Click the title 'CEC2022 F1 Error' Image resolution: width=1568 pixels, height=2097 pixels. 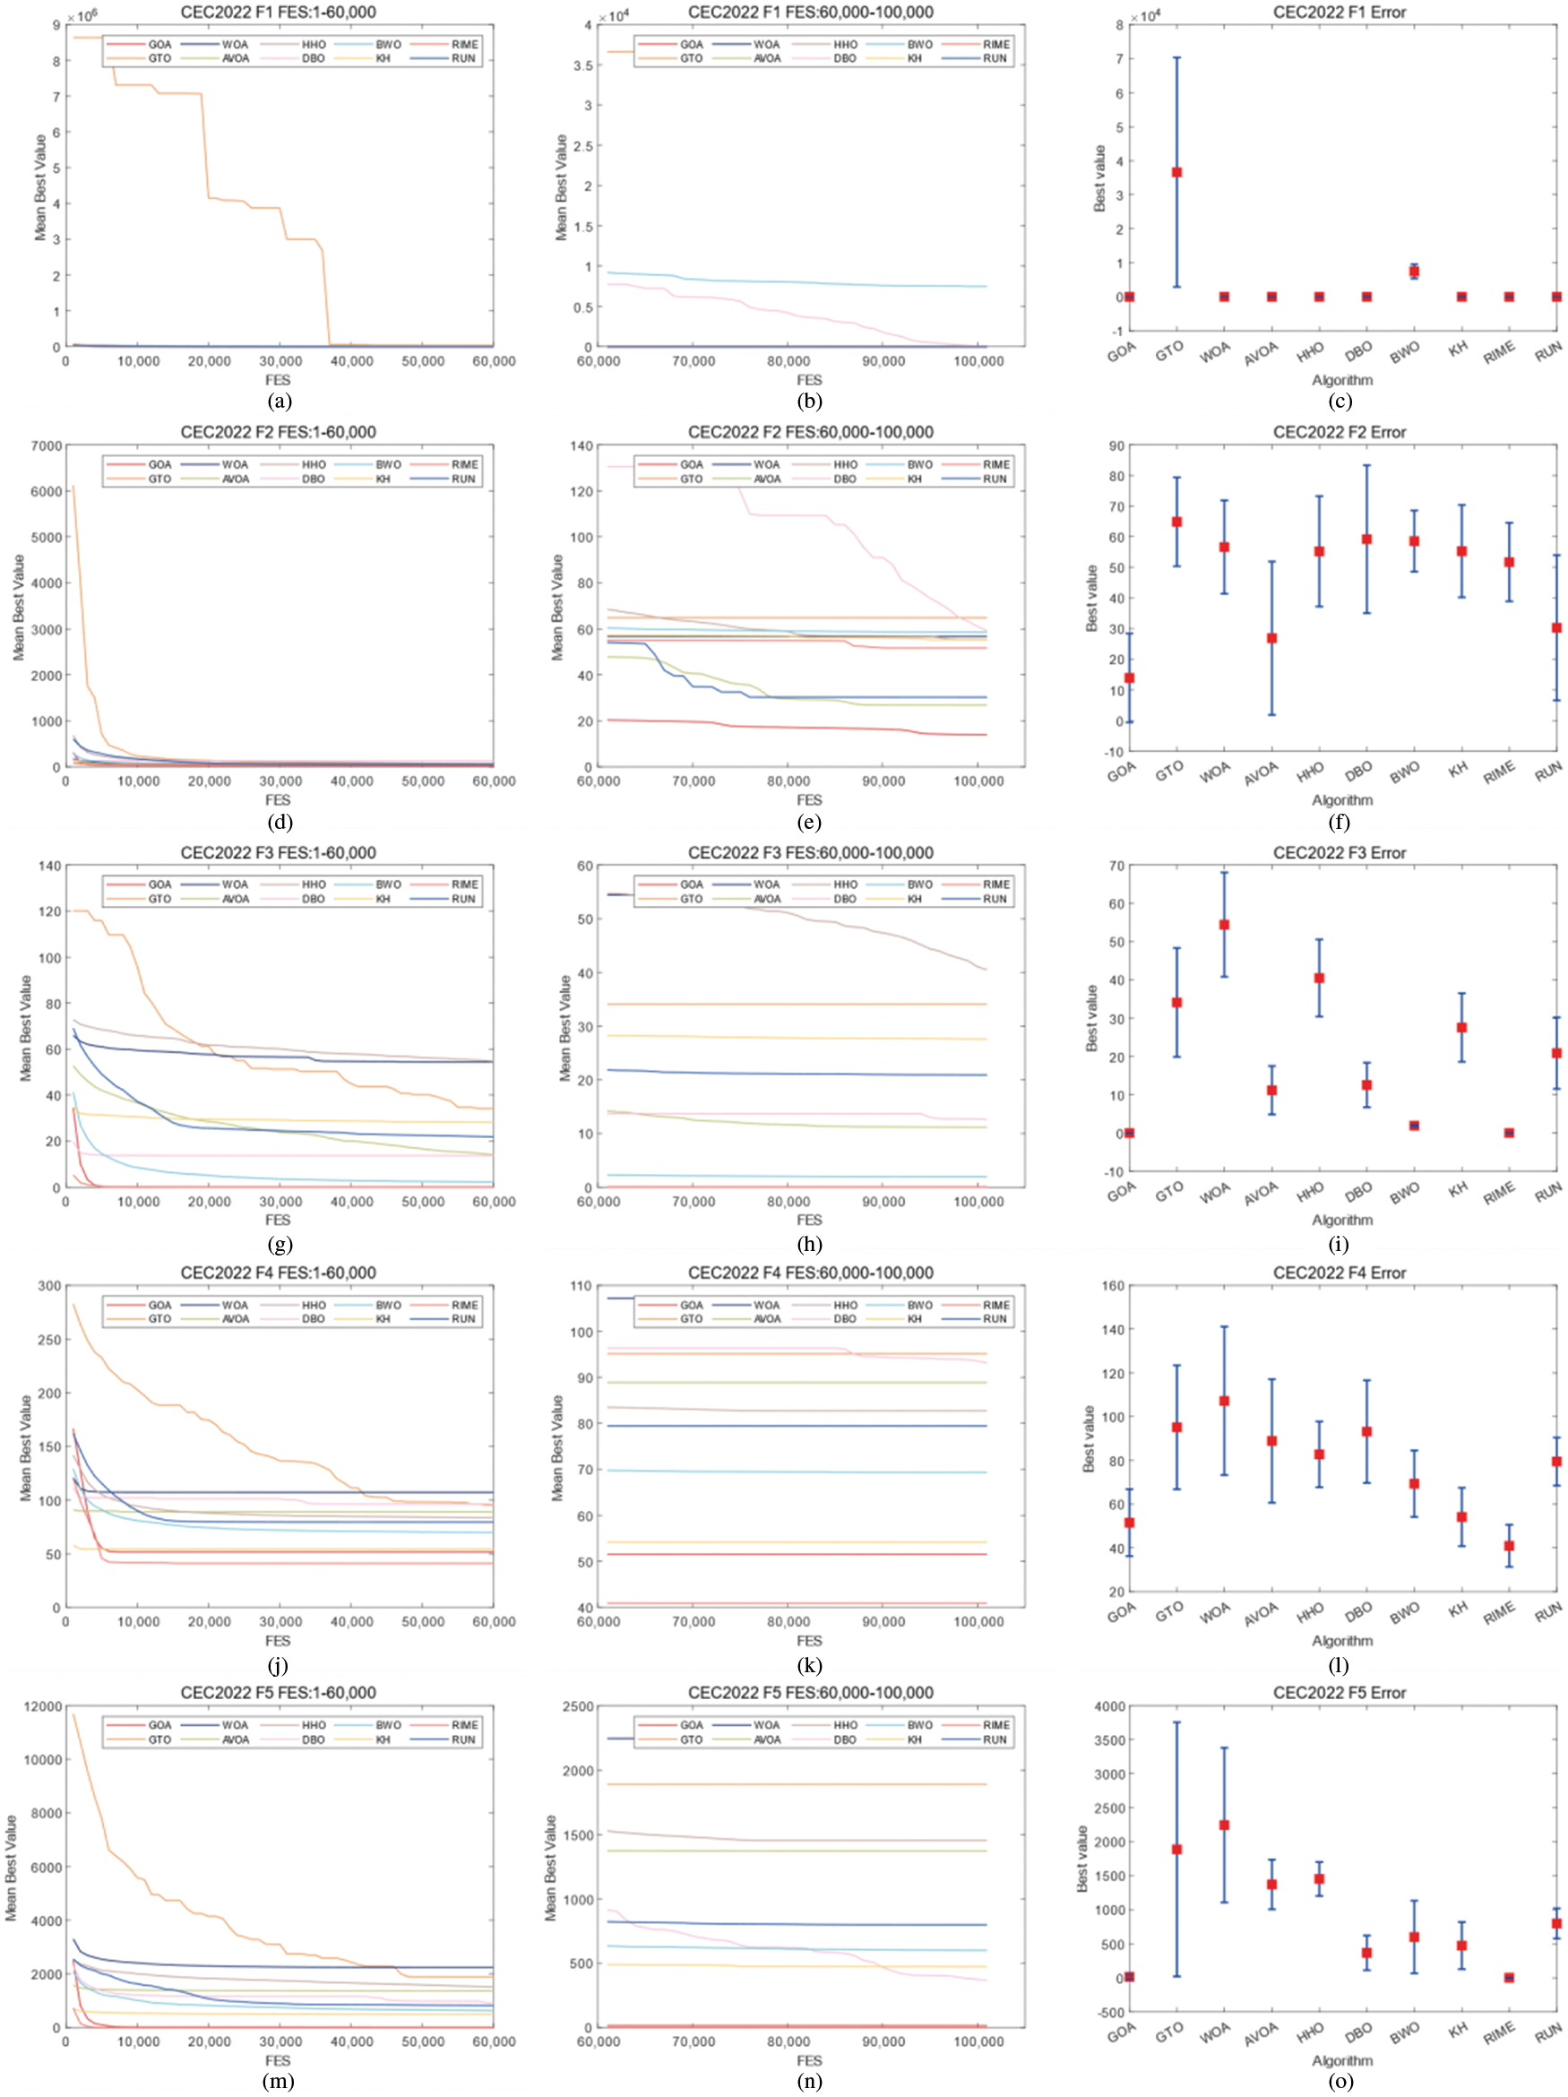click(x=1339, y=13)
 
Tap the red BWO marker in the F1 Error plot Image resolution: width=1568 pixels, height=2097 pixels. click(x=1414, y=272)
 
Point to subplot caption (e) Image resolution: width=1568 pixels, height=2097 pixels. click(x=809, y=822)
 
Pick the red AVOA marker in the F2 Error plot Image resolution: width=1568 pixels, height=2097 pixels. click(x=1271, y=638)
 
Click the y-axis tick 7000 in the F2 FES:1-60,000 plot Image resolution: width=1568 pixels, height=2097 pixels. click(x=47, y=445)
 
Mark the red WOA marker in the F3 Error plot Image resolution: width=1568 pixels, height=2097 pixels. click(x=1224, y=924)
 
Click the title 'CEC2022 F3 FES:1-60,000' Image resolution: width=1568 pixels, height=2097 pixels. click(x=278, y=852)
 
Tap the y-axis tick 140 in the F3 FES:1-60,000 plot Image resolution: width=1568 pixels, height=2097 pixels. click(x=49, y=866)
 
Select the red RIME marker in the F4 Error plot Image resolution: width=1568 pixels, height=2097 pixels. click(x=1508, y=1545)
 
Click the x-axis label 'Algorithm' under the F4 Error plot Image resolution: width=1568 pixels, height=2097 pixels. click(x=1341, y=1640)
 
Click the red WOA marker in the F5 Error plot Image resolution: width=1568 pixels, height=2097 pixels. click(x=1224, y=1825)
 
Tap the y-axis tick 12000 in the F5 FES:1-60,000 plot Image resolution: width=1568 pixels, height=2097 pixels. click(x=44, y=1706)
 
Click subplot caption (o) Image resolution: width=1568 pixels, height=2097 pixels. click(x=1340, y=2082)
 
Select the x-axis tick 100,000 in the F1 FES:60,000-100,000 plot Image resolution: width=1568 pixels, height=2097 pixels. click(x=978, y=361)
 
